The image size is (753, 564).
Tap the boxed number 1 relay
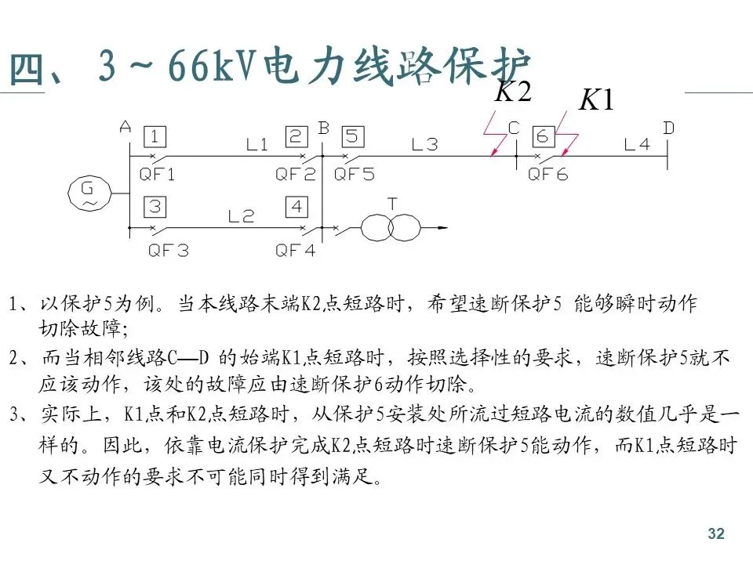[155, 137]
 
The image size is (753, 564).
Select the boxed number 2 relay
[295, 137]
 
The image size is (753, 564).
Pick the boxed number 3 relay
[155, 207]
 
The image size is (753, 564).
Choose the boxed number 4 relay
[296, 208]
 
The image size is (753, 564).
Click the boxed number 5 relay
[352, 137]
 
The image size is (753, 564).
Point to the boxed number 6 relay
[542, 136]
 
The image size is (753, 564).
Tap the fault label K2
[514, 92]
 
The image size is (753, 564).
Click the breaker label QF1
[158, 175]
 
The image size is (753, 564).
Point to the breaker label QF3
[169, 251]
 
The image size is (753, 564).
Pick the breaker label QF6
[547, 175]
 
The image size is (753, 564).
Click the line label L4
[636, 143]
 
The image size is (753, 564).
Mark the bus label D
[668, 127]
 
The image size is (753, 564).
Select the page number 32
[715, 534]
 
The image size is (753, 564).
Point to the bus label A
[125, 126]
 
